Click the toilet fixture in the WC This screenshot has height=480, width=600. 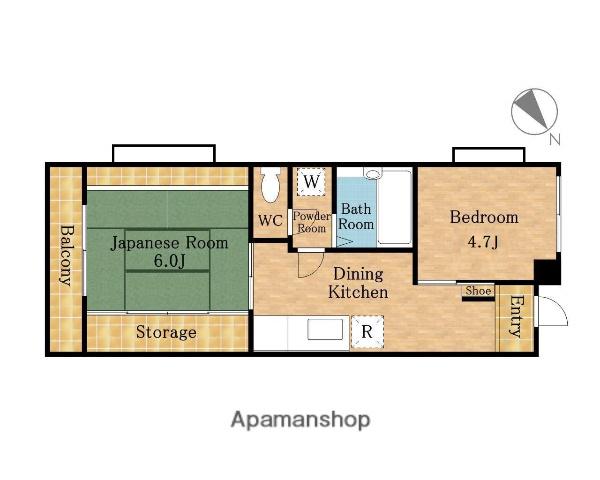(x=271, y=186)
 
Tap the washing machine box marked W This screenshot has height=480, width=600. (x=311, y=182)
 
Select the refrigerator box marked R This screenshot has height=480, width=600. (x=367, y=331)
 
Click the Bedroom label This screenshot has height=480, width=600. (x=484, y=217)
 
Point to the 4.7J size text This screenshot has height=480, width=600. (x=483, y=242)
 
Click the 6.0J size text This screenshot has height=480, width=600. (x=169, y=261)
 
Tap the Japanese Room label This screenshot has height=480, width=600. (x=169, y=243)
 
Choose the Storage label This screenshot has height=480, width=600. (x=166, y=332)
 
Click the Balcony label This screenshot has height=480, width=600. (x=66, y=255)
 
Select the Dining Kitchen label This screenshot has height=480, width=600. (x=358, y=283)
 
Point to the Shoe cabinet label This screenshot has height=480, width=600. (x=478, y=291)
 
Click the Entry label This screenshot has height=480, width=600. (x=516, y=316)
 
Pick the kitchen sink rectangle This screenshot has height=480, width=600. (x=326, y=329)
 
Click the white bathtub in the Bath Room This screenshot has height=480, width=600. (x=394, y=207)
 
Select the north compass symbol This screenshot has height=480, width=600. (x=535, y=112)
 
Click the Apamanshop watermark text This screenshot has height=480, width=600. (x=300, y=420)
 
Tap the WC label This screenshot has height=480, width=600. (x=271, y=220)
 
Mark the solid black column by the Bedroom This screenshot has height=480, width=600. (x=547, y=272)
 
